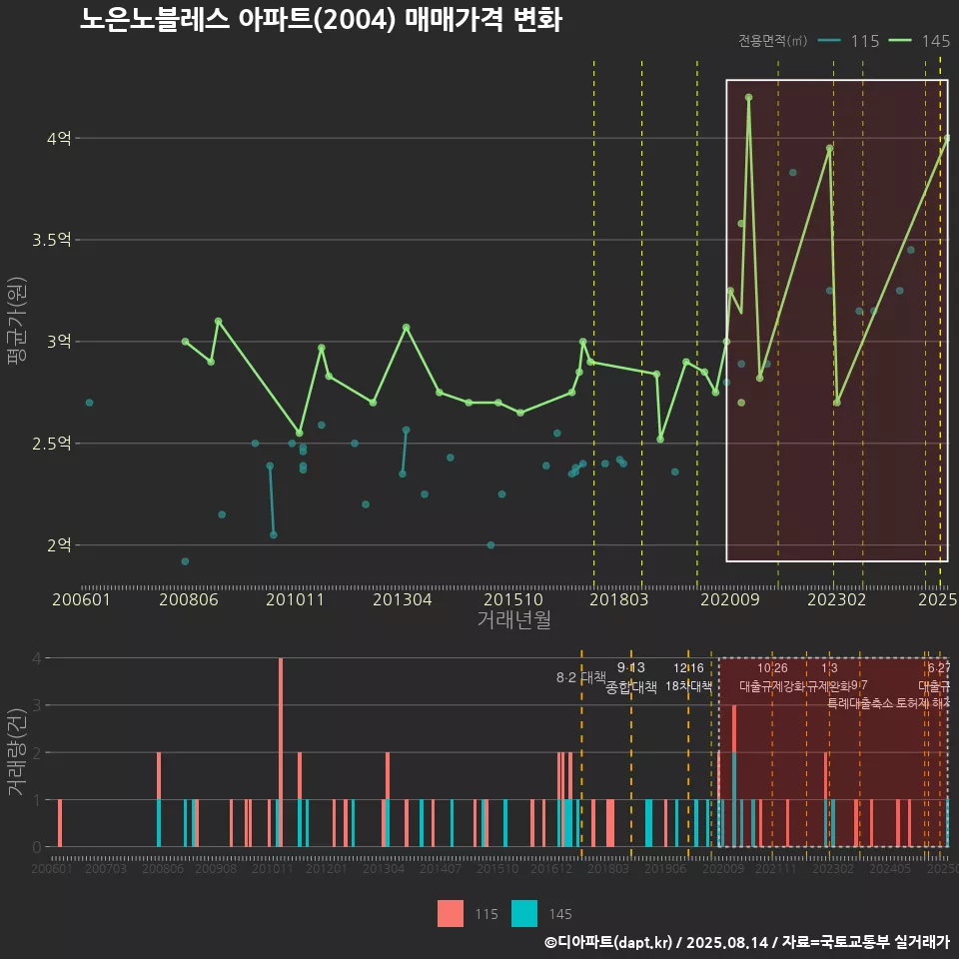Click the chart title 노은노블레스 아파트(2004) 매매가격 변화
click(x=320, y=20)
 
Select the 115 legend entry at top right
click(x=849, y=41)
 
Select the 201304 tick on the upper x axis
click(x=402, y=600)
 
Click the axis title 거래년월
click(x=513, y=620)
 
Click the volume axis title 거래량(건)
click(x=16, y=751)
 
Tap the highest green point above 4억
click(x=748, y=98)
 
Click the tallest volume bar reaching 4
click(x=281, y=751)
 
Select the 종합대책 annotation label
click(x=630, y=687)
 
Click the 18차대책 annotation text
click(x=688, y=686)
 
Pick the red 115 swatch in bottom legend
click(x=450, y=914)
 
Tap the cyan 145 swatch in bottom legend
click(x=524, y=914)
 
